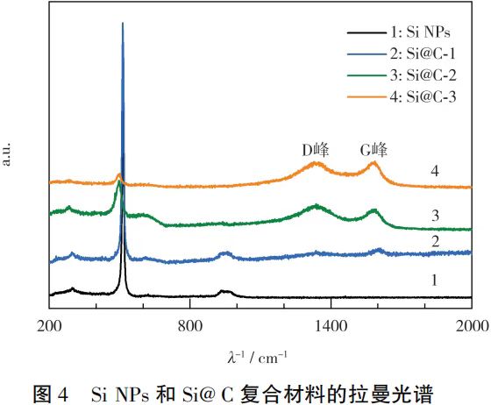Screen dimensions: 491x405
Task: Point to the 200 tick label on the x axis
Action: (x=49, y=326)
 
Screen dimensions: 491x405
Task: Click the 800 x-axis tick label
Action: (x=190, y=326)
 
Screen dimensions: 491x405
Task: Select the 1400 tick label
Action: (x=331, y=326)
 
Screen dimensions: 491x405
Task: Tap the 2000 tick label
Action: (x=473, y=326)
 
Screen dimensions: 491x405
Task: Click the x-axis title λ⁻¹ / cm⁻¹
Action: (x=258, y=357)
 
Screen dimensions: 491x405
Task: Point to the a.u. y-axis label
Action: (x=6, y=154)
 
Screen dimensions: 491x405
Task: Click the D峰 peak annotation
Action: (x=316, y=150)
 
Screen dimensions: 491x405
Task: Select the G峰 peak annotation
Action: (x=374, y=150)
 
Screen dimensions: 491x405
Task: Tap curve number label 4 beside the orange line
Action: (x=435, y=171)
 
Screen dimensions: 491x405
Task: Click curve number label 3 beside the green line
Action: (x=435, y=216)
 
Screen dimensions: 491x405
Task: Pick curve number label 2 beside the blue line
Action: (x=435, y=241)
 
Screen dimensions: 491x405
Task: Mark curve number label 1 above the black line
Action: (x=434, y=281)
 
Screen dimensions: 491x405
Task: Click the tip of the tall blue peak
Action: (x=123, y=23)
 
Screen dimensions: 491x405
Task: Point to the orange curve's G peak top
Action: (x=374, y=162)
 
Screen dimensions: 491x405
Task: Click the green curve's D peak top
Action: (x=317, y=205)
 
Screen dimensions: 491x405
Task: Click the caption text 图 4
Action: (x=51, y=394)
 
